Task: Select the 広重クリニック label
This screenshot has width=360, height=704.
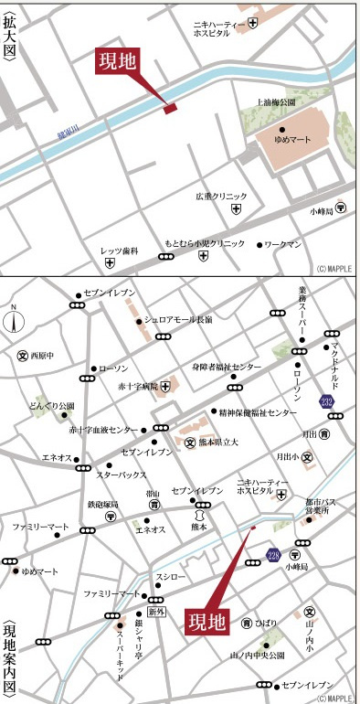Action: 221,196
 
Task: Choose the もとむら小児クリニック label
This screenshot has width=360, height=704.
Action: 206,244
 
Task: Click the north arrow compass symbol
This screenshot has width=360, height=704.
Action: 13,323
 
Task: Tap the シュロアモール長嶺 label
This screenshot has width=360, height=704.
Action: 178,320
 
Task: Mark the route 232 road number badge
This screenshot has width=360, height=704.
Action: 326,401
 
